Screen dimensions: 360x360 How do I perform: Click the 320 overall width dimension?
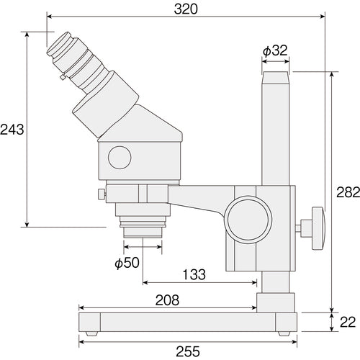tap(186, 9)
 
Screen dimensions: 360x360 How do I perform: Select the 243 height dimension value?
tap(12, 130)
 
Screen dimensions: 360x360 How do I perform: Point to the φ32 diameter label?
tap(275, 50)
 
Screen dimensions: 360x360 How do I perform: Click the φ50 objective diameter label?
tap(127, 263)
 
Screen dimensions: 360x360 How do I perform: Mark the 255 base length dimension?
tap(186, 351)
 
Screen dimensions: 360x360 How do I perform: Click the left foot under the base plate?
tap(92, 333)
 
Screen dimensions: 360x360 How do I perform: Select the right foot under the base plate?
tap(282, 333)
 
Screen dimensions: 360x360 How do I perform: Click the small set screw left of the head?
tap(100, 193)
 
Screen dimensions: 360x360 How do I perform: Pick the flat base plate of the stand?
tap(186, 321)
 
